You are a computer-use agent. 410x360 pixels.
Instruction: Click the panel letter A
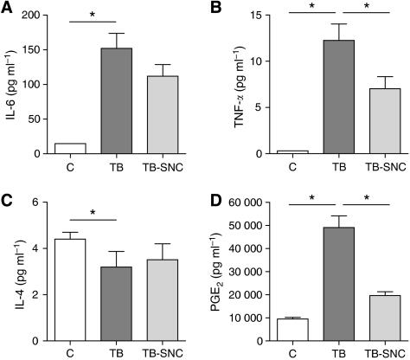pos(6,8)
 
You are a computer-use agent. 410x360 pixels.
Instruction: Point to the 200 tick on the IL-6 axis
pos(37,16)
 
